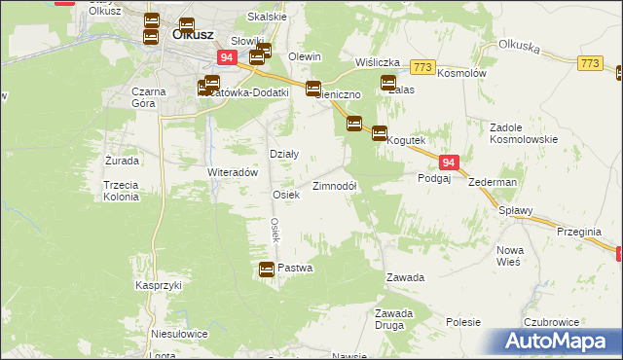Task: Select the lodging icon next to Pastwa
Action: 266,270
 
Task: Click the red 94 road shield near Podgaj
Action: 448,164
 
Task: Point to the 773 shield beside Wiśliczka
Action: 421,67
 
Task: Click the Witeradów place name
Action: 232,172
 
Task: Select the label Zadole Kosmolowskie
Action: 525,134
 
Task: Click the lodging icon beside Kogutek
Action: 379,134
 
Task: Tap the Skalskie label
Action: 266,17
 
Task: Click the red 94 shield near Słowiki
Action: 226,58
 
